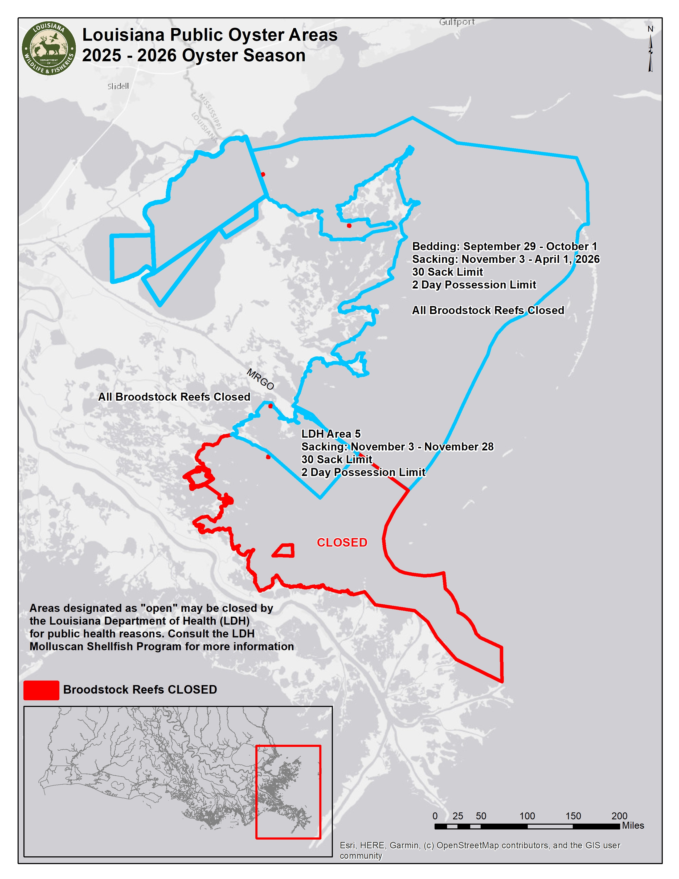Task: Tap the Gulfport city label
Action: (457, 22)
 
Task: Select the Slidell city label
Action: (118, 86)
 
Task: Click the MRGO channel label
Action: (260, 379)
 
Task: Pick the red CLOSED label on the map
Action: (342, 543)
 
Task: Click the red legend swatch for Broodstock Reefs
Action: (41, 691)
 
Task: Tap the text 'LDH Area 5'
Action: (331, 434)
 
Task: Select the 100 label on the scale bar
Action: (527, 816)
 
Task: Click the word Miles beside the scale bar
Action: (633, 825)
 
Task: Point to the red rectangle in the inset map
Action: (288, 792)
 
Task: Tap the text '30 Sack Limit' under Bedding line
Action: (447, 272)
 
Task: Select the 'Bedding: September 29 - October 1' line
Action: (504, 246)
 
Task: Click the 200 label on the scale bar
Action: (619, 816)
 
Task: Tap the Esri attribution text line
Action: (480, 845)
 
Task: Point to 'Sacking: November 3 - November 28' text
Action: (398, 447)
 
